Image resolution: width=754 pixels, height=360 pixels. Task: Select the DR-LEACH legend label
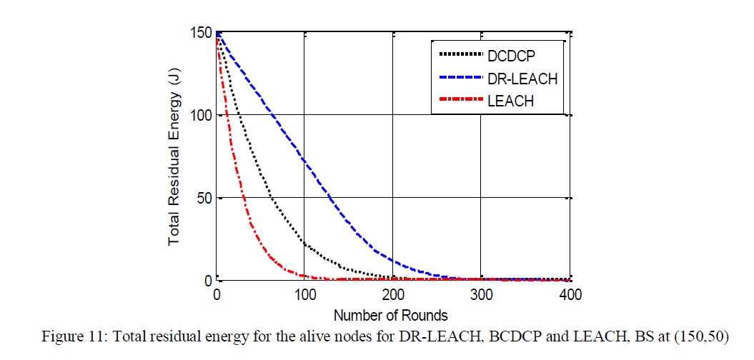point(521,78)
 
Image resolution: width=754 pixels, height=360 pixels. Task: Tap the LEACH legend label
point(510,101)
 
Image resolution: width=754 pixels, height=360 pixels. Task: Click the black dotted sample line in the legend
point(459,54)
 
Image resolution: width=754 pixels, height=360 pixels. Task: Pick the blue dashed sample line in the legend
point(459,78)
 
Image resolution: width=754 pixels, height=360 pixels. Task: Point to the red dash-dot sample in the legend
point(459,101)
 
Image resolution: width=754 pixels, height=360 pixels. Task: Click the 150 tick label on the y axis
point(201,33)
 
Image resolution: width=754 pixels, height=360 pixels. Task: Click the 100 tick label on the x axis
point(304,294)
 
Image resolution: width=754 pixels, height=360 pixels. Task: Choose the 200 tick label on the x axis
point(392,294)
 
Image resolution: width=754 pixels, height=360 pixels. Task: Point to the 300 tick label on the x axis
point(481,294)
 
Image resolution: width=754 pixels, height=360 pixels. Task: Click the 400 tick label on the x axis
point(569,294)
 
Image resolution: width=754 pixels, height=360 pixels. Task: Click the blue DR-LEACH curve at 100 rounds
point(304,159)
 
